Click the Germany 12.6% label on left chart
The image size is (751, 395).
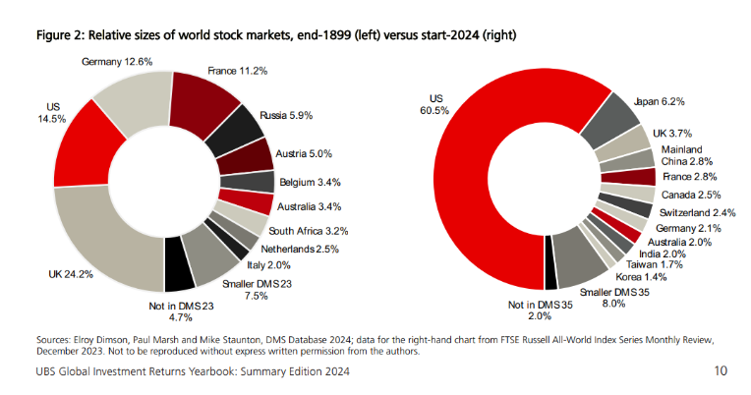coord(119,62)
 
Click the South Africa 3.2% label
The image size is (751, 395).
coord(308,230)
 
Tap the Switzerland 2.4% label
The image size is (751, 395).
coord(697,212)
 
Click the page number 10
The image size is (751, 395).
coord(722,373)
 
